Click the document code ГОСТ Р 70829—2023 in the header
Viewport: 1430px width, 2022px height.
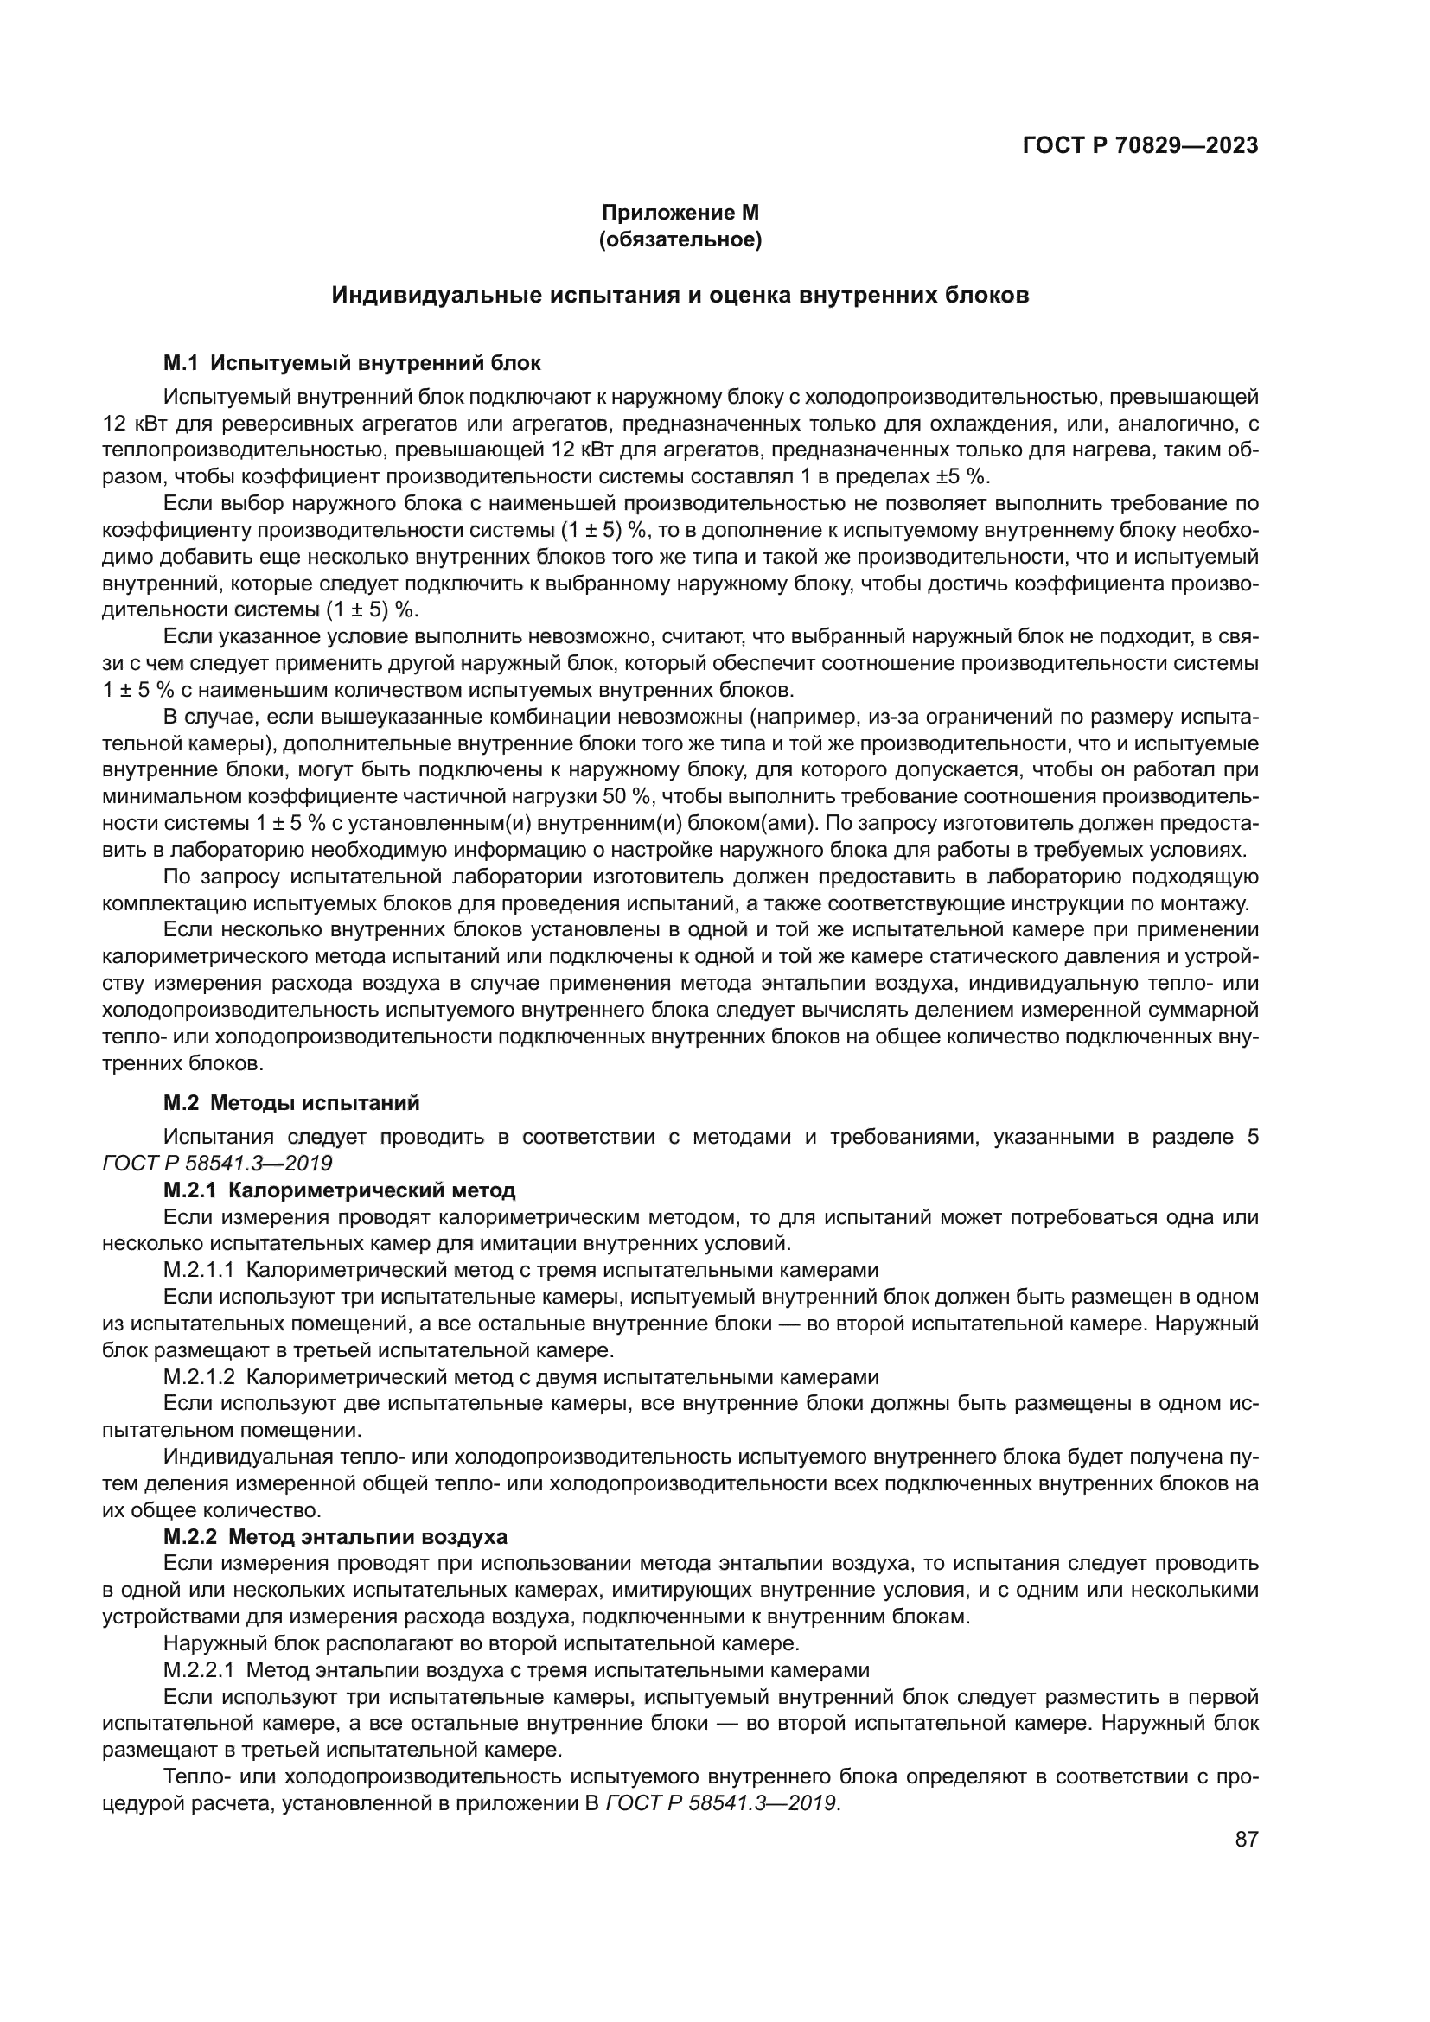pos(1140,145)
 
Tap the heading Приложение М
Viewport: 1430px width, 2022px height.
pos(680,213)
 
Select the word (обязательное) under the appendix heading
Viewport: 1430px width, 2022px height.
pos(680,239)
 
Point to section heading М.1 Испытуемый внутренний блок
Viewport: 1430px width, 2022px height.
pos(352,363)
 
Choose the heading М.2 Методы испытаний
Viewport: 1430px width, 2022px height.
pos(291,1102)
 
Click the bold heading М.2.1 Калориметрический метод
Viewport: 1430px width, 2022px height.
pos(339,1190)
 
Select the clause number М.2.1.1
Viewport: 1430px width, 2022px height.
pos(199,1270)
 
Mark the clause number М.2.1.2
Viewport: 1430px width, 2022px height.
pos(199,1376)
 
